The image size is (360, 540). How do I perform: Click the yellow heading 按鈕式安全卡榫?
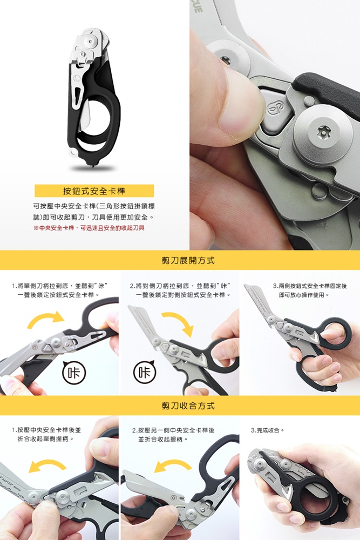[94, 191]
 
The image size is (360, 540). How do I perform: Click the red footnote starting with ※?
[89, 228]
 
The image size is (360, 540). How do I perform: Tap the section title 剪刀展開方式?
[188, 260]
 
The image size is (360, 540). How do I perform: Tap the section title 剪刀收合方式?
[188, 406]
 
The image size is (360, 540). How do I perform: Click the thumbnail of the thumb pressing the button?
[275, 125]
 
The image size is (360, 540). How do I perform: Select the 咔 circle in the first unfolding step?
[74, 372]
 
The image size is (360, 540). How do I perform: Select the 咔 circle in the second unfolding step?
[144, 372]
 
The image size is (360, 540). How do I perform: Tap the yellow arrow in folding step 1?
[47, 465]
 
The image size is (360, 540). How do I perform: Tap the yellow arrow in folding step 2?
[173, 465]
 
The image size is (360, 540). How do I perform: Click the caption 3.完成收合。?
[268, 430]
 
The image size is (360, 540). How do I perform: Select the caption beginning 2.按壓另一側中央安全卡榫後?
[173, 435]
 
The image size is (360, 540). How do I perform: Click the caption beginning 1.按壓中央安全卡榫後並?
[46, 434]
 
